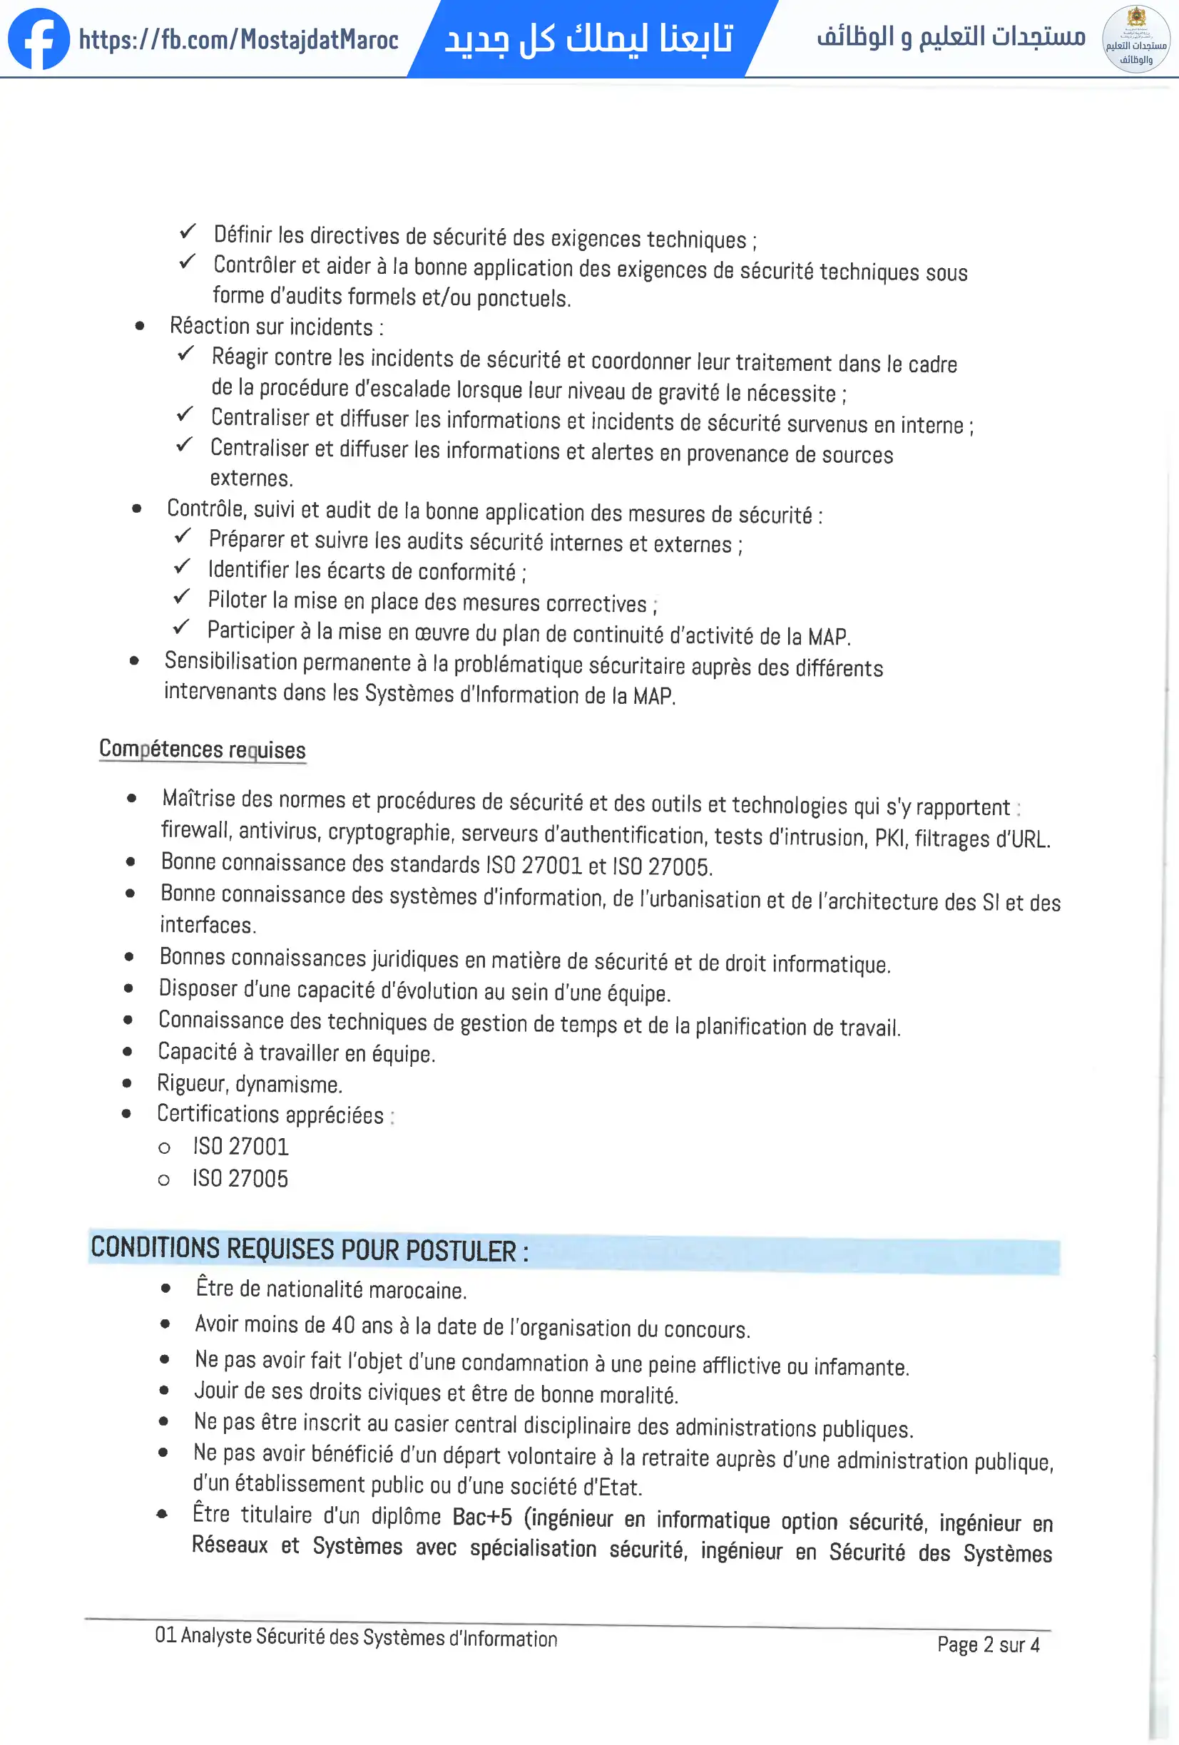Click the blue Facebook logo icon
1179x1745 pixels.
[39, 39]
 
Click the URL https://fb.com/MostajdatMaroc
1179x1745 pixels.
[238, 39]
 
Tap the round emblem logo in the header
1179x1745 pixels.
[1135, 39]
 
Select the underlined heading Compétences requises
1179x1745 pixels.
[202, 749]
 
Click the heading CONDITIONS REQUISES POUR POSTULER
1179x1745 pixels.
[310, 1249]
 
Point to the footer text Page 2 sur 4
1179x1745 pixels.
[988, 1644]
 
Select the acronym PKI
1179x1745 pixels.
[890, 836]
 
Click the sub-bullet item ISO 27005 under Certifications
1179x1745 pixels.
[240, 1178]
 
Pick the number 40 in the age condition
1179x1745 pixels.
[343, 1324]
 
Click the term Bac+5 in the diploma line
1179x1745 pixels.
[482, 1517]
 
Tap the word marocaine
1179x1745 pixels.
[417, 1290]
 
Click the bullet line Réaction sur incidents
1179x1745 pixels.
[275, 327]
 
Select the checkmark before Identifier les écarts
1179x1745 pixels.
[182, 567]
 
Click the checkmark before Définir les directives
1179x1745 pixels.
[188, 231]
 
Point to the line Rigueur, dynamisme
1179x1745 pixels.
[250, 1083]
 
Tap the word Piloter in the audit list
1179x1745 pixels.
[237, 599]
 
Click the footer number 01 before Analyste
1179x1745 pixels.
[165, 1634]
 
